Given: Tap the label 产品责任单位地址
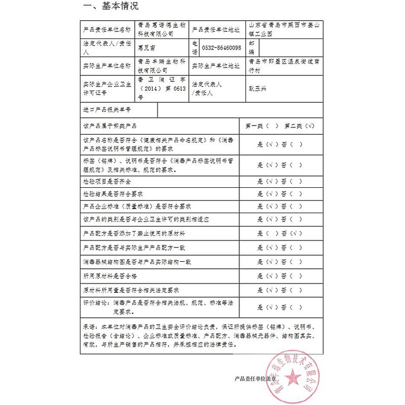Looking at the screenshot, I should (216, 30).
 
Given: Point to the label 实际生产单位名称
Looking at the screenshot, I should (106, 65).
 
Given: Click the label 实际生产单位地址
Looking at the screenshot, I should (216, 65).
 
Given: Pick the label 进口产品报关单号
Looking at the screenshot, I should (107, 109).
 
